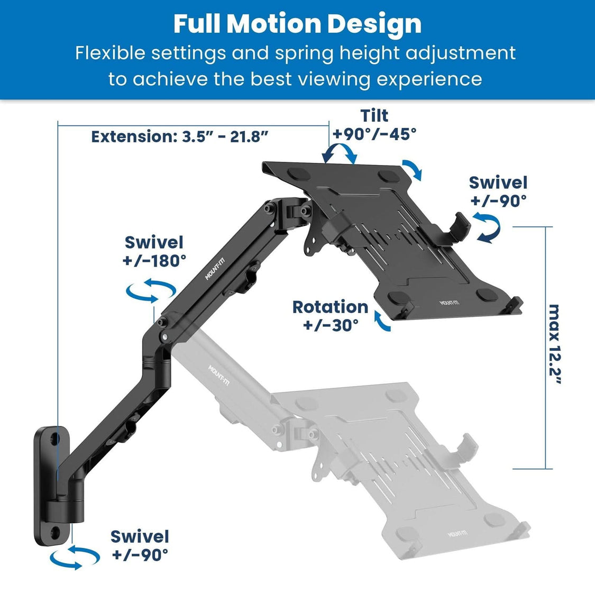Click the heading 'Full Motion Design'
coord(297,24)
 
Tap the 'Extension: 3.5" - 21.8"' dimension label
coord(180,136)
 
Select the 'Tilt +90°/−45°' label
coord(374,125)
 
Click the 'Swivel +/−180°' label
coord(154,252)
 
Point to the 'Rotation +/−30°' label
coord(331,316)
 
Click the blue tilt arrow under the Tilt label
coord(340,154)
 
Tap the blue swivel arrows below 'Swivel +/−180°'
coord(151,291)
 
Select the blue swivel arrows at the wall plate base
coord(75,557)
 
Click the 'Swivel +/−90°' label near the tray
coord(498,191)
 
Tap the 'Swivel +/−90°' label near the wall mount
coord(140,545)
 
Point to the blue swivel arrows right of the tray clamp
coord(486,227)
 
